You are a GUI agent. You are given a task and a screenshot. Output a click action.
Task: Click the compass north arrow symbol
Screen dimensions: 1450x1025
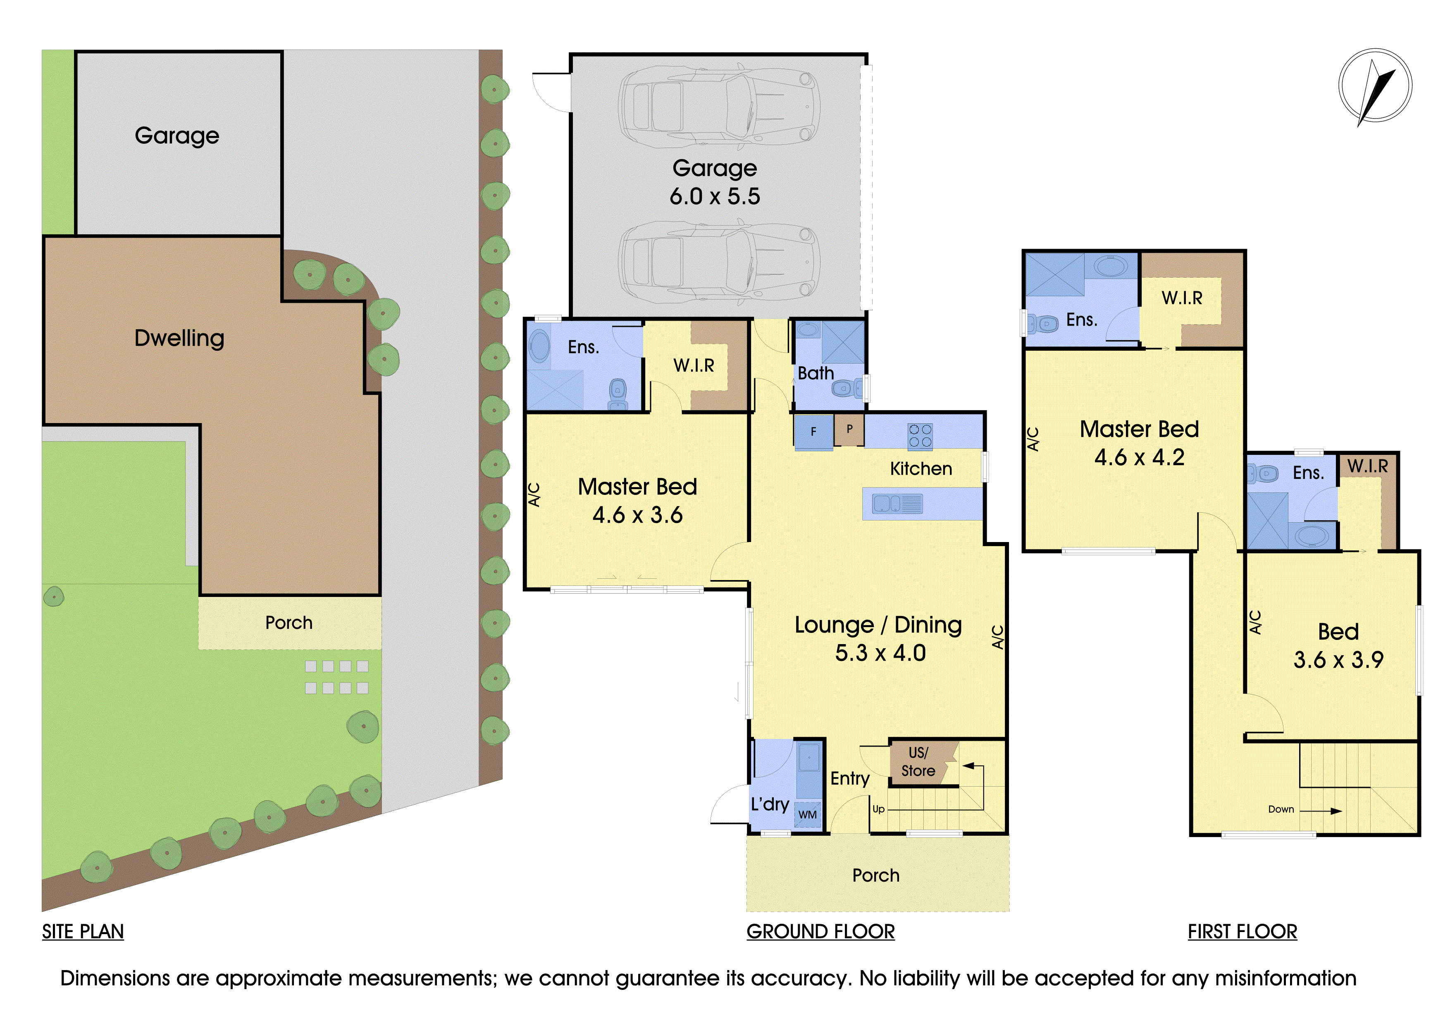1376,86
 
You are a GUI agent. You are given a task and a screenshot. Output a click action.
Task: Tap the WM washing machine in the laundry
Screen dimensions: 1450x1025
808,815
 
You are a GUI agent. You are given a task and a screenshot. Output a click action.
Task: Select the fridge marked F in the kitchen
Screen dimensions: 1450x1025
813,432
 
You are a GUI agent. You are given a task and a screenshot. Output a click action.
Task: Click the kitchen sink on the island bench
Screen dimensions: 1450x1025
897,504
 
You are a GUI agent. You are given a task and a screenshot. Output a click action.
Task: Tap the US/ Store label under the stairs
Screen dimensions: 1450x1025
918,762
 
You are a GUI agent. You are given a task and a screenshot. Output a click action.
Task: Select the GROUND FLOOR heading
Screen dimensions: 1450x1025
820,932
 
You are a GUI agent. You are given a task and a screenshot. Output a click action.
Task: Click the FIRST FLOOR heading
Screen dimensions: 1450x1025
1242,932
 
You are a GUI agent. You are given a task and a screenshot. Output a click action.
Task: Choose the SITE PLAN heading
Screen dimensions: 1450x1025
83,932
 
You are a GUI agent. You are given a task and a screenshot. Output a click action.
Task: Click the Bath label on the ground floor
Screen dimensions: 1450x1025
816,373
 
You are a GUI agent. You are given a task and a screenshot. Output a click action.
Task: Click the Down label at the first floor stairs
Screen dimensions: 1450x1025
1281,809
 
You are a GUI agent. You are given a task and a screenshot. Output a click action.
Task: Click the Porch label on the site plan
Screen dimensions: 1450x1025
289,623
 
